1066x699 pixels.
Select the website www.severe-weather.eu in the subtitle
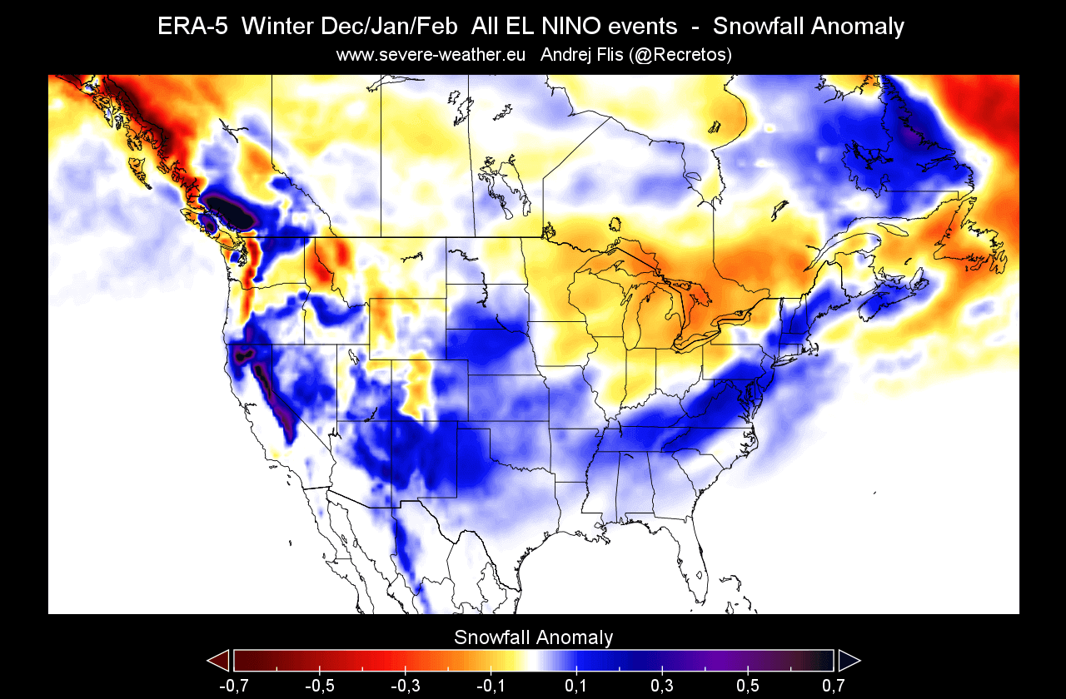pyautogui.click(x=431, y=55)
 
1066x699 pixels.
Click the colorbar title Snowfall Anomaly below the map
pyautogui.click(x=533, y=637)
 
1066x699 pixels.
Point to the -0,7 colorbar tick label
pyautogui.click(x=234, y=686)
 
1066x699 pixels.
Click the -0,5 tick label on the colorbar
pyautogui.click(x=320, y=686)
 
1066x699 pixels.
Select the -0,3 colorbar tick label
pyautogui.click(x=406, y=686)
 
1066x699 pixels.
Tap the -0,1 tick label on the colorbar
pyautogui.click(x=491, y=686)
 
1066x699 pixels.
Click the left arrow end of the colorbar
pyautogui.click(x=218, y=661)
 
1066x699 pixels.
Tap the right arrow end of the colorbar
pyautogui.click(x=849, y=661)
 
